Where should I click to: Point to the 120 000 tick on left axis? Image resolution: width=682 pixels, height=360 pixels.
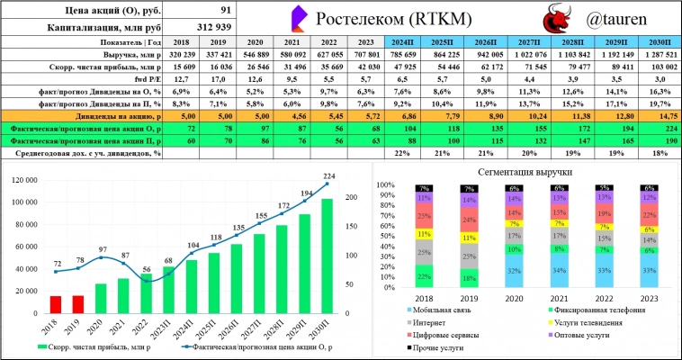tap(27, 180)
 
